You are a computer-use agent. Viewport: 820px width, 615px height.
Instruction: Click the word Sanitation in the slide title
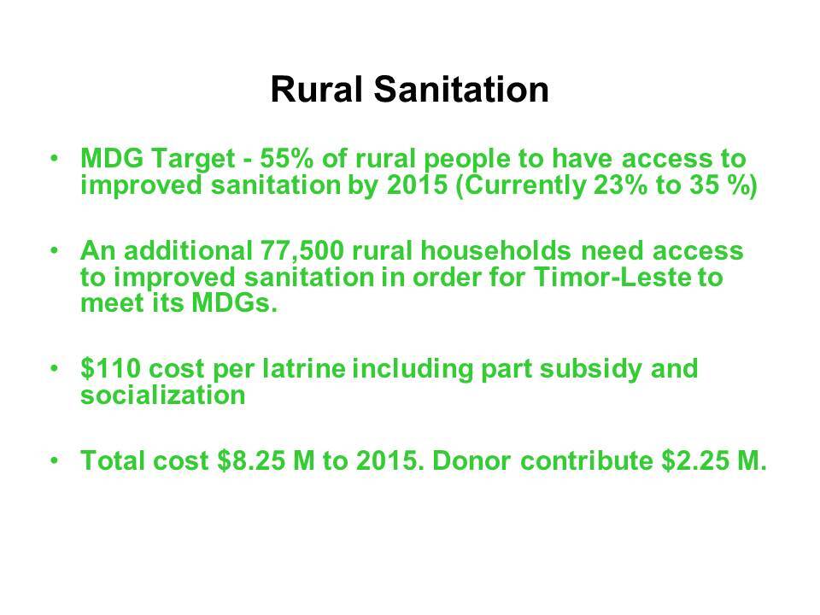[x=461, y=89]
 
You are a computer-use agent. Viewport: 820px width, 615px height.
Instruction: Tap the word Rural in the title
[x=316, y=89]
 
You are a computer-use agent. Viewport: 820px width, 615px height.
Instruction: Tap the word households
[x=495, y=250]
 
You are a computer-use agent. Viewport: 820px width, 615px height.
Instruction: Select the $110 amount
[x=111, y=368]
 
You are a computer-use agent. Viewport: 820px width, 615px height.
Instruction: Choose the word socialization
[x=162, y=395]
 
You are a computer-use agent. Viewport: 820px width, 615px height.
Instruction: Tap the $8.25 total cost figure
[x=250, y=460]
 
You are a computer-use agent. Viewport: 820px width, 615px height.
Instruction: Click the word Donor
[x=471, y=460]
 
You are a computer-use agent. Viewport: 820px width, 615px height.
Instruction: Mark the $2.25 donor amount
[x=695, y=460]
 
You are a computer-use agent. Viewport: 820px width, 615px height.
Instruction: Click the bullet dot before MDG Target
[x=54, y=157]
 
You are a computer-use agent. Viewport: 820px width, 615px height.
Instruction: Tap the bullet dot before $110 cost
[x=54, y=367]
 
